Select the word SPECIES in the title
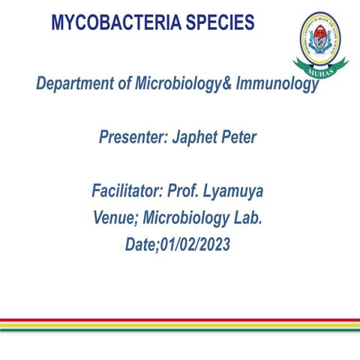coord(217,23)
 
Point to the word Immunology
coord(277,84)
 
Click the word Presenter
coord(132,139)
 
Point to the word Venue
coord(113,218)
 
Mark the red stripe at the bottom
coord(180,319)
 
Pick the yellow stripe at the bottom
coord(180,323)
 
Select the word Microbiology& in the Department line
coord(184,84)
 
